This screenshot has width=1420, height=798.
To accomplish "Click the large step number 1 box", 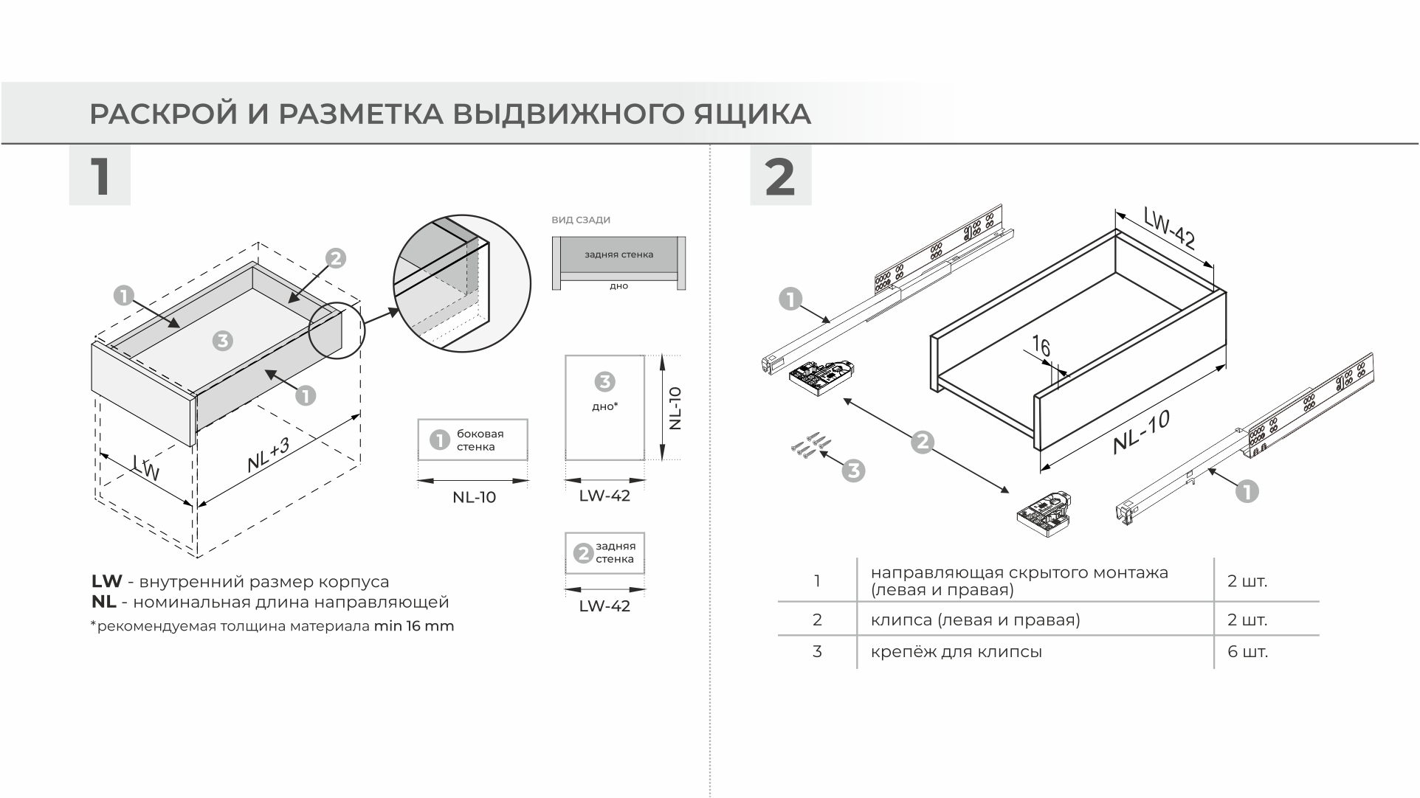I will tap(100, 176).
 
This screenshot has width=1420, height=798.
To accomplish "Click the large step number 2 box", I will tap(780, 176).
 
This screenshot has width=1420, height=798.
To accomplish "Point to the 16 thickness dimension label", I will tap(1041, 346).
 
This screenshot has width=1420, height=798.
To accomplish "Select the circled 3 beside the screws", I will tap(853, 471).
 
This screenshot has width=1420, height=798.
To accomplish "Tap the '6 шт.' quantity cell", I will tap(1247, 652).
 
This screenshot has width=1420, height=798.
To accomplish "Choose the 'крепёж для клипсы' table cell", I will tap(957, 652).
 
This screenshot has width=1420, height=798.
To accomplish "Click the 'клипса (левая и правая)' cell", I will tap(975, 620).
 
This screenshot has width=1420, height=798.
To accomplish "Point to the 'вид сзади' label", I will tap(581, 220).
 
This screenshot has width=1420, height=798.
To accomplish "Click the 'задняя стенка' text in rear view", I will tap(618, 254).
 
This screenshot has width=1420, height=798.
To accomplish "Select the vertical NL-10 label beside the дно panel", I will tap(675, 408).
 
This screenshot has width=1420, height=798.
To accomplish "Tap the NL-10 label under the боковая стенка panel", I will tap(474, 498).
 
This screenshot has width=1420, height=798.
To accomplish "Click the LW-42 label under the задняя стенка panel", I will tap(604, 606).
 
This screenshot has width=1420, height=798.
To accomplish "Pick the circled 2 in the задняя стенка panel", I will tap(583, 553).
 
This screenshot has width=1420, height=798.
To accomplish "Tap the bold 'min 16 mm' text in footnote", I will tap(414, 627).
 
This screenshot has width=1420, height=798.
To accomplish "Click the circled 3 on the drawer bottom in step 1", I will tap(222, 341).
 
